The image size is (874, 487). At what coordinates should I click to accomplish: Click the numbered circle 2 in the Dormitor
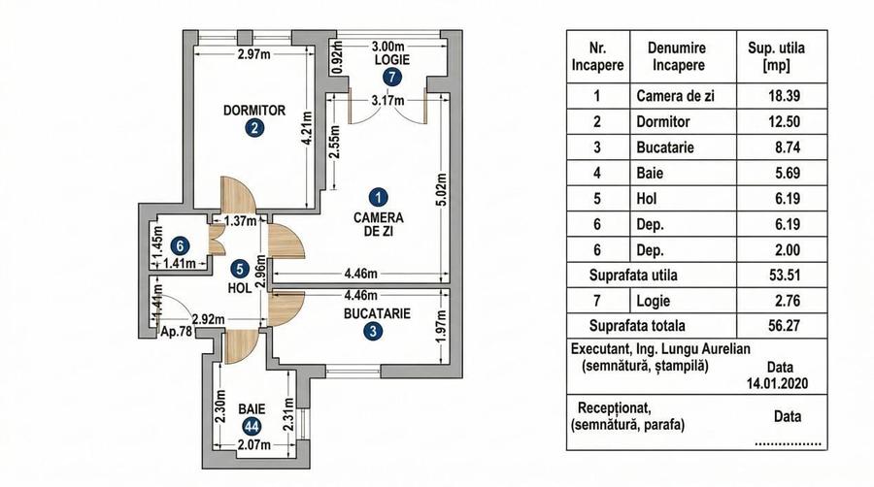click(x=252, y=128)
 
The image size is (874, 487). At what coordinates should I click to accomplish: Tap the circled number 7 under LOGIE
click(x=390, y=76)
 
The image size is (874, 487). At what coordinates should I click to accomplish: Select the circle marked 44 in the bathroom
click(x=252, y=426)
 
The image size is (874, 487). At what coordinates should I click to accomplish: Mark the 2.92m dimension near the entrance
click(x=208, y=318)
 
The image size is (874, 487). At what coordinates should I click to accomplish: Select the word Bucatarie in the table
click(x=668, y=148)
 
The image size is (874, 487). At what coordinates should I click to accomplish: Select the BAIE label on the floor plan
click(x=252, y=409)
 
